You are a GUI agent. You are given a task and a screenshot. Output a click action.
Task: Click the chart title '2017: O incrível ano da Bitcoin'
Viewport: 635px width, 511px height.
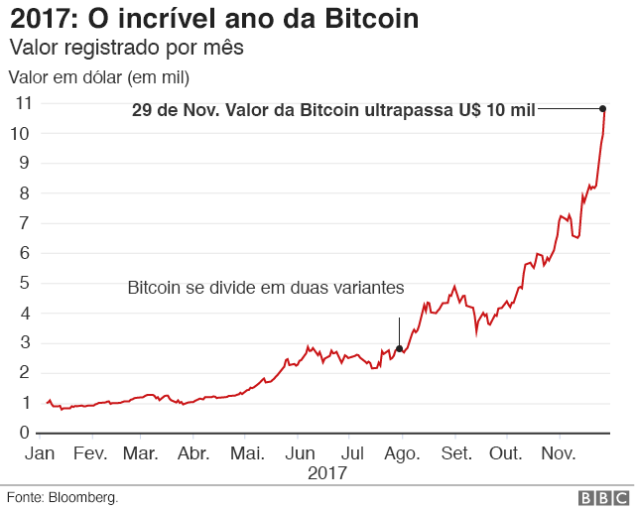pyautogui.click(x=213, y=19)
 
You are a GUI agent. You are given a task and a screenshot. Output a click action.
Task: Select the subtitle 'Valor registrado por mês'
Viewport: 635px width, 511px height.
pyautogui.click(x=126, y=48)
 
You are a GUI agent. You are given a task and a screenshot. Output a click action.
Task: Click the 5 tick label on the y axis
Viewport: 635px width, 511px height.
pyautogui.click(x=25, y=283)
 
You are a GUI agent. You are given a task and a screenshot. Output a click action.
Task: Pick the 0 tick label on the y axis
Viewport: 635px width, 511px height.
pyautogui.click(x=25, y=433)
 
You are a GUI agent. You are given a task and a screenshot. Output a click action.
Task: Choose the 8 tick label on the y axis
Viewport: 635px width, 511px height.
pyautogui.click(x=25, y=192)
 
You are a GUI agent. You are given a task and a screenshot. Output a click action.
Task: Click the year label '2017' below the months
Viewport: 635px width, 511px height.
pyautogui.click(x=326, y=472)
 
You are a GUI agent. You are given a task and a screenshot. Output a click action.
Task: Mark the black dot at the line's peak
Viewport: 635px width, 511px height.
pyautogui.click(x=603, y=108)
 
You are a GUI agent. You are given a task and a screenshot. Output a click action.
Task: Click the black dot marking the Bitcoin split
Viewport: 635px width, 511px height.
pyautogui.click(x=399, y=348)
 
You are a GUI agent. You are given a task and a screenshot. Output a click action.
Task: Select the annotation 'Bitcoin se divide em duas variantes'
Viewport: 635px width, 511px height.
pyautogui.click(x=266, y=288)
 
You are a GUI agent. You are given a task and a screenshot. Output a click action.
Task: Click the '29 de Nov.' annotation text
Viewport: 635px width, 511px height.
pyautogui.click(x=333, y=110)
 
